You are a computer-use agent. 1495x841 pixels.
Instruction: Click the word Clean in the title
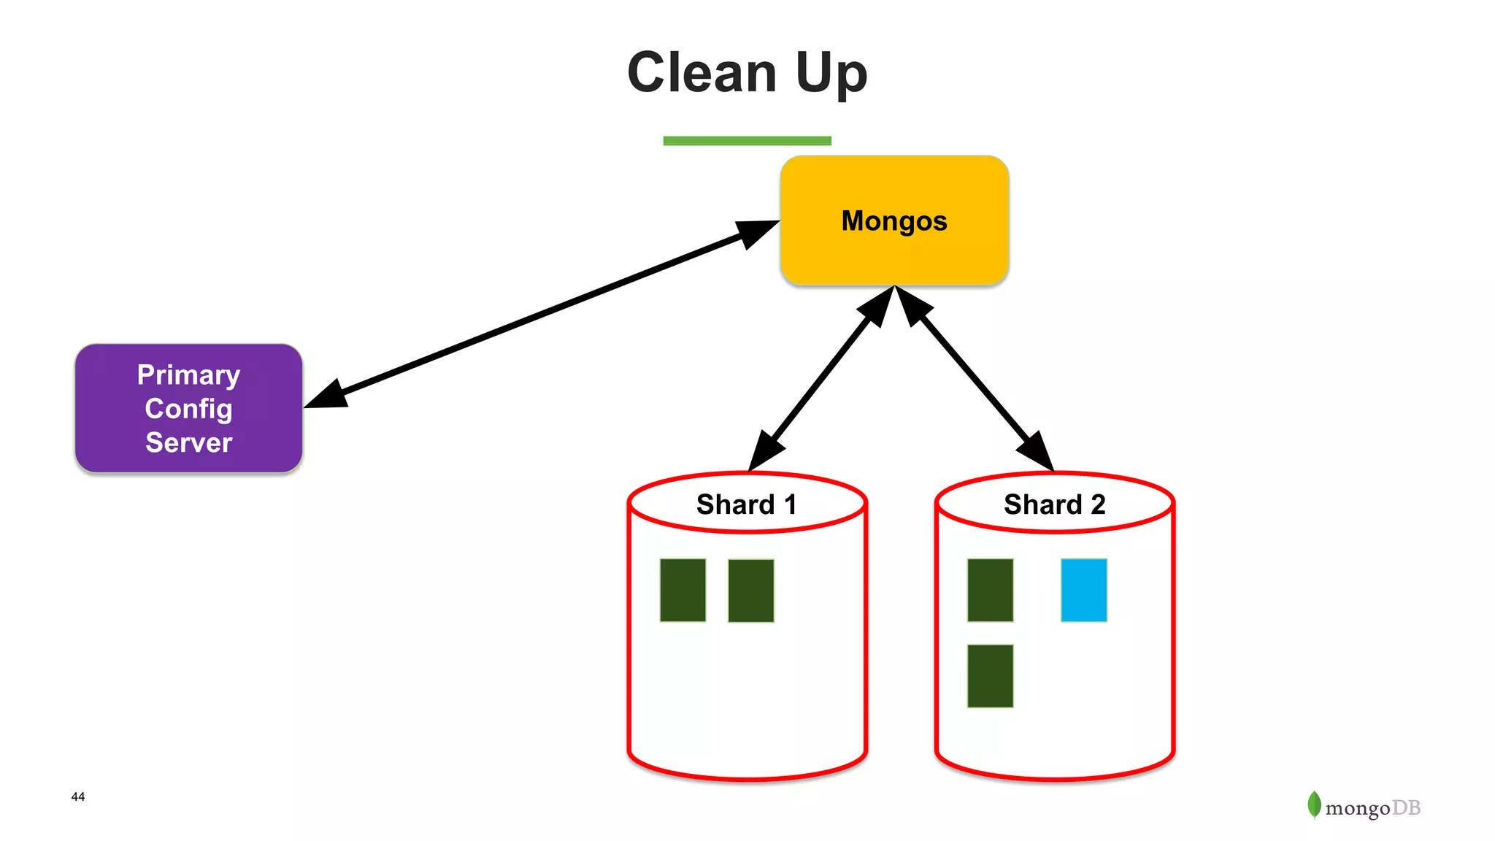[x=702, y=73]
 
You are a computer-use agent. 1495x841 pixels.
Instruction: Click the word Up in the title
[x=831, y=74]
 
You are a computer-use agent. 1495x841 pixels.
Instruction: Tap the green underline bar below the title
[x=747, y=141]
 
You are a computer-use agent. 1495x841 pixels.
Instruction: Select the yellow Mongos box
[x=894, y=220]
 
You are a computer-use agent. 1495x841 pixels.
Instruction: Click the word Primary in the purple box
[x=188, y=375]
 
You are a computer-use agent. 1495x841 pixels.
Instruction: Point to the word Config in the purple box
[x=188, y=409]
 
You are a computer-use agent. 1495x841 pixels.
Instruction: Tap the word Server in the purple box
[x=188, y=442]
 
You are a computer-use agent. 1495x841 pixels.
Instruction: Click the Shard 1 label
[x=746, y=504]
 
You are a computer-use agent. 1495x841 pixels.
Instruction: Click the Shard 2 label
[x=1054, y=504]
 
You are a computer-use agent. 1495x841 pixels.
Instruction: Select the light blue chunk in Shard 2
[x=1083, y=590]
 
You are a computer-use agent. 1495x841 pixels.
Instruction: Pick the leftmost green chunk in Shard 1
[x=683, y=590]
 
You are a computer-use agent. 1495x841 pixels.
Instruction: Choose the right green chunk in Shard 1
[x=750, y=591]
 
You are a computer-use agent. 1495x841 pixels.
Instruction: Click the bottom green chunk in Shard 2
[x=990, y=675]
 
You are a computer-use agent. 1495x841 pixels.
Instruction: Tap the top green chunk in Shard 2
[x=990, y=590]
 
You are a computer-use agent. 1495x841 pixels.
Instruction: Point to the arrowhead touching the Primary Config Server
[x=326, y=396]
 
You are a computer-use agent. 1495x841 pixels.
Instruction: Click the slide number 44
[x=78, y=796]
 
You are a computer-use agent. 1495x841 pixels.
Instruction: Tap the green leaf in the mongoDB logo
[x=1314, y=804]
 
